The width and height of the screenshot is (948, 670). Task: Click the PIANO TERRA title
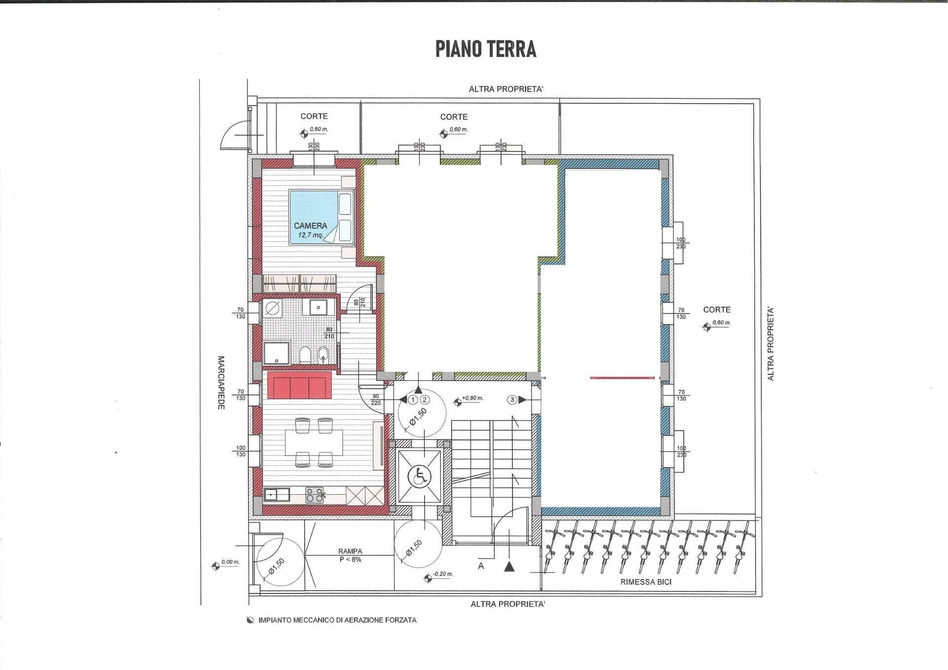486,49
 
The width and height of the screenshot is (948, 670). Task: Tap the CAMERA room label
310,226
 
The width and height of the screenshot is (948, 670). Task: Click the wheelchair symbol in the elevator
419,477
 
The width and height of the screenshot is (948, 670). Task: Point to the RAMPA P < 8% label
350,555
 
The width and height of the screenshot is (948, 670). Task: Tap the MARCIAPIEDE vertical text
221,382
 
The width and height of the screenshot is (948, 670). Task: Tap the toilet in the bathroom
305,355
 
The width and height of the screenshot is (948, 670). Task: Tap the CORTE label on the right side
716,310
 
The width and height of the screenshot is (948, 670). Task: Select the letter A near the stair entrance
481,566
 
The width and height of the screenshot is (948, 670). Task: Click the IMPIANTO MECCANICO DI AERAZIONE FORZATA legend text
337,620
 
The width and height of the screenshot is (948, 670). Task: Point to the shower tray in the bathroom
276,354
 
